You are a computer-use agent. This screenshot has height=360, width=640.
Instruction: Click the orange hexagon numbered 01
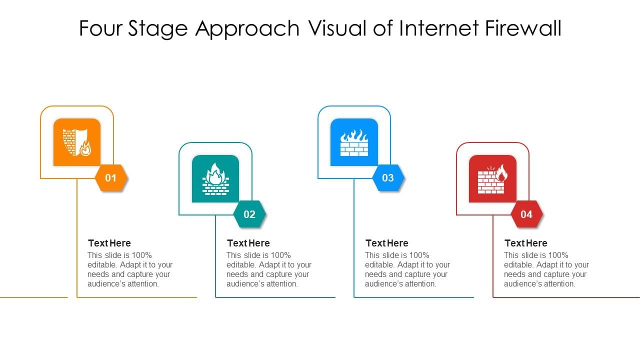click(x=111, y=178)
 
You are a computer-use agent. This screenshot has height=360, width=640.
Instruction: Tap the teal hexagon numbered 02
click(x=249, y=214)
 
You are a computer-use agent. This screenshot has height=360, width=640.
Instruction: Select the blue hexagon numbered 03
click(x=388, y=178)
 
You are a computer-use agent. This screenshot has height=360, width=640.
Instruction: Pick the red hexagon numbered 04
click(x=526, y=214)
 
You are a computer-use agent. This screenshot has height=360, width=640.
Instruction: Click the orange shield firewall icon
click(x=77, y=142)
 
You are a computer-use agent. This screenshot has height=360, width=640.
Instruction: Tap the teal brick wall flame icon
click(x=215, y=178)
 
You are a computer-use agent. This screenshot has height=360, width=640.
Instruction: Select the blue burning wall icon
click(x=354, y=142)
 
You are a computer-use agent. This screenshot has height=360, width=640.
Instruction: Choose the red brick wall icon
click(x=492, y=178)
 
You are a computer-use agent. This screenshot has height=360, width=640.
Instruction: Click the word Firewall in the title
click(x=523, y=28)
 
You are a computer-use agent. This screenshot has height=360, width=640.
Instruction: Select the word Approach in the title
click(x=247, y=29)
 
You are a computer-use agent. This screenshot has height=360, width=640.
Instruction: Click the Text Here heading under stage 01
click(x=109, y=243)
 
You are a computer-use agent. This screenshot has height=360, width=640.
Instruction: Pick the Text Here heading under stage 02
click(x=248, y=243)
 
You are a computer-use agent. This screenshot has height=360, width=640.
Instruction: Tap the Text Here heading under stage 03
click(x=387, y=243)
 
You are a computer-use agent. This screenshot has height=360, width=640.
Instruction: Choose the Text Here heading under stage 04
click(x=526, y=243)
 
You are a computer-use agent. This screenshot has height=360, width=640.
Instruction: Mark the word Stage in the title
click(x=158, y=29)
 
